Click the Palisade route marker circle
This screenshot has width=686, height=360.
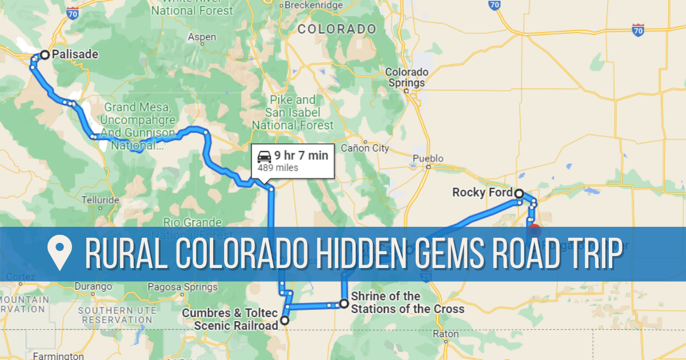click(44, 55)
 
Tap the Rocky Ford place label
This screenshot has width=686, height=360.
click(482, 193)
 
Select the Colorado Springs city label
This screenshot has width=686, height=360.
click(406, 77)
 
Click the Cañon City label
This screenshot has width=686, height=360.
click(365, 149)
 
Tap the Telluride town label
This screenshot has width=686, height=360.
click(101, 200)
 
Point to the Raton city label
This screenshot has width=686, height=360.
click(446, 334)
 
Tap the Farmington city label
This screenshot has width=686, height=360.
click(59, 356)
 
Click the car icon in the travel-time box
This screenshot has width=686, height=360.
click(264, 155)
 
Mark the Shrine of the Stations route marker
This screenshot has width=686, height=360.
click(344, 303)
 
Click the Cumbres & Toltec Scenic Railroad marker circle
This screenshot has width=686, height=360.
click(284, 321)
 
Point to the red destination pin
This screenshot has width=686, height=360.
click(534, 230)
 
